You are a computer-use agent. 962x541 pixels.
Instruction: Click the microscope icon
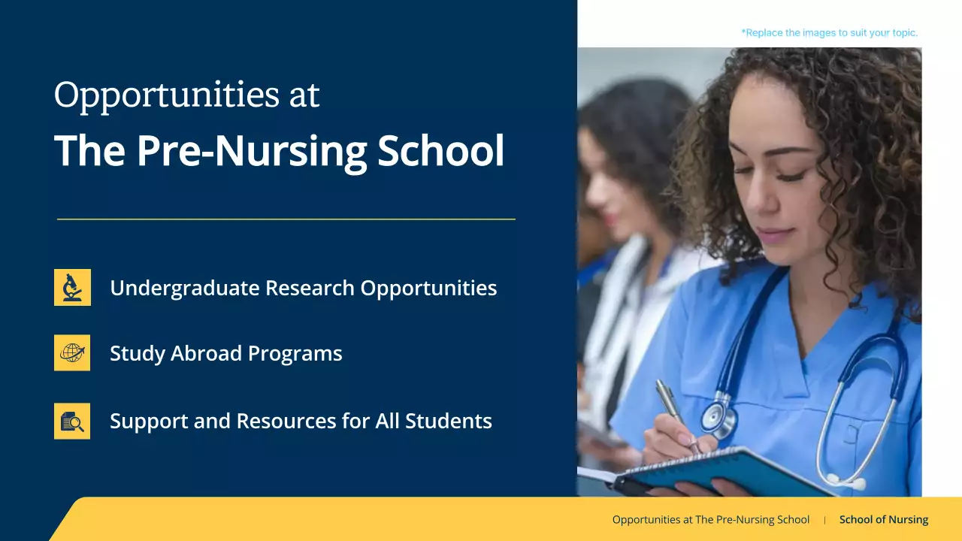72,287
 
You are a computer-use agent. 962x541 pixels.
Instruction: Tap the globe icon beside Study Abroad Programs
72,352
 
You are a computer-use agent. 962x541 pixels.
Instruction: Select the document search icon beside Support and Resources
72,421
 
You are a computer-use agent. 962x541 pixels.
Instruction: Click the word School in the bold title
440,151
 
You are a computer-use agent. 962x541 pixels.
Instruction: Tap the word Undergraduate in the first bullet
185,288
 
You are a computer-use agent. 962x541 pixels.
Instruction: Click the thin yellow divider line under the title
286,219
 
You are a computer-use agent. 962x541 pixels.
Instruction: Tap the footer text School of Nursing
884,519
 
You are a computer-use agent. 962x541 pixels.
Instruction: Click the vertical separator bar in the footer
824,519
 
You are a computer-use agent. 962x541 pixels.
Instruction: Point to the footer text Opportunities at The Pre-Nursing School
711,519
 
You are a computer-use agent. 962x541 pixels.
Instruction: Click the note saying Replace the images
829,33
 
